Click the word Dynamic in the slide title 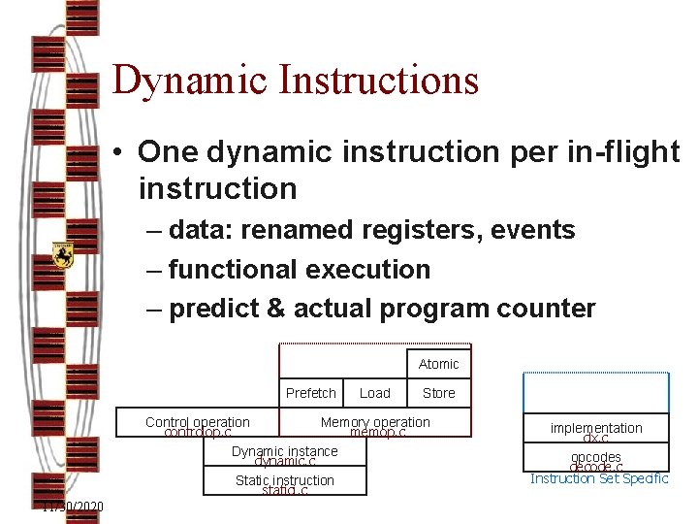pos(188,80)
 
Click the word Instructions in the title pos(378,80)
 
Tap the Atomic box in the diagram pos(438,364)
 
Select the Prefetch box pos(311,393)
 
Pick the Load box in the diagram pos(374,393)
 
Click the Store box pos(438,393)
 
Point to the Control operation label pos(198,423)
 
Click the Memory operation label pos(375,423)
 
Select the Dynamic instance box pos(285,452)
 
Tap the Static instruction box pos(285,481)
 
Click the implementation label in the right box pos(596,428)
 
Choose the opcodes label pos(596,457)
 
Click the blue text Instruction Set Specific pos(599,478)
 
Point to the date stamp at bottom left pos(73,508)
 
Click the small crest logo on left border pos(63,256)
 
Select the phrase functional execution pos(299,269)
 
